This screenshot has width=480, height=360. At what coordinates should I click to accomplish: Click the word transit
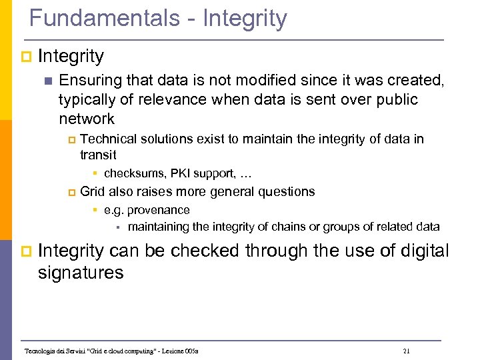tap(98, 155)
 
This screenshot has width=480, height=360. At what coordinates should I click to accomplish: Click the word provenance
tap(159, 210)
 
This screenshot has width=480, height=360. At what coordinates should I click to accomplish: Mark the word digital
tap(419, 251)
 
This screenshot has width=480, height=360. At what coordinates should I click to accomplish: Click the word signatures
tap(81, 273)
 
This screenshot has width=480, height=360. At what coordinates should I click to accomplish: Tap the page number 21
tap(407, 351)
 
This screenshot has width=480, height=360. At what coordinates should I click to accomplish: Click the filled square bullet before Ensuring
tap(46, 81)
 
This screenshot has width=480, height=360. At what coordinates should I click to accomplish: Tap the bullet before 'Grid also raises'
tap(72, 193)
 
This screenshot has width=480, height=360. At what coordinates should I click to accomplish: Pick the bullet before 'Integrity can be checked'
tap(25, 252)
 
